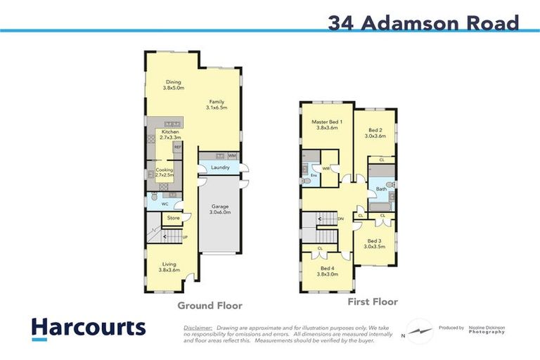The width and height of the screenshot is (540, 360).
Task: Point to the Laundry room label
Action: [x=220, y=167]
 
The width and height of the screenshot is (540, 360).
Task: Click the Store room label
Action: [x=173, y=218]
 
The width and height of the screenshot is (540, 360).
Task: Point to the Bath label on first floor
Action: [x=381, y=189]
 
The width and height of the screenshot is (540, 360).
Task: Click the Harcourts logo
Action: [x=88, y=328]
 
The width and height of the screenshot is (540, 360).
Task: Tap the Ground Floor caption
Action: [x=210, y=306]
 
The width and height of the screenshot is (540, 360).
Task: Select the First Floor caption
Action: [x=373, y=302]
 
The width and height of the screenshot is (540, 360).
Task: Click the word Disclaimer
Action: [x=198, y=328]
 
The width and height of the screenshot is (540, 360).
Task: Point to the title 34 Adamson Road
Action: [x=423, y=23]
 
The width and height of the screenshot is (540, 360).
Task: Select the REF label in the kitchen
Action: [x=178, y=147]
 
